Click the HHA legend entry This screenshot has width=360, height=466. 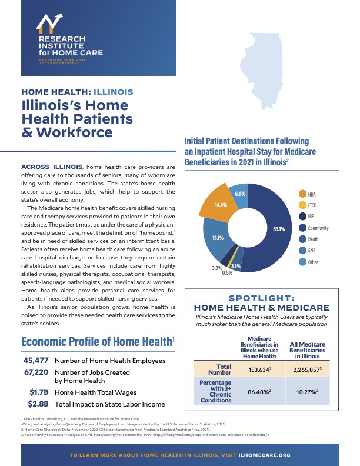pos(311,194)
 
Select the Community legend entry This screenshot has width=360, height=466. pos(318,228)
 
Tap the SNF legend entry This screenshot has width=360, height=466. pos(311,251)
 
